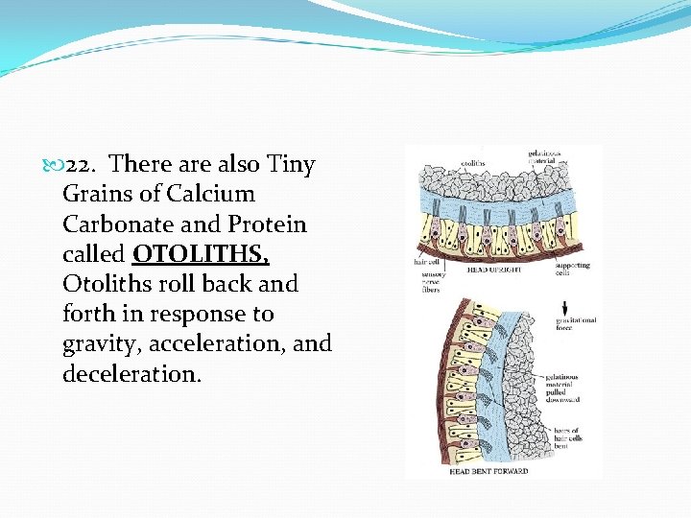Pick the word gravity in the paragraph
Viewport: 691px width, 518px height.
(99, 344)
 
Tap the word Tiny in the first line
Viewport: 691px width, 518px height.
(290, 165)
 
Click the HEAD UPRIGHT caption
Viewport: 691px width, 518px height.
(494, 271)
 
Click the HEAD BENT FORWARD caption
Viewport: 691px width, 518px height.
(488, 471)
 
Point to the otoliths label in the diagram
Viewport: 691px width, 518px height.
(473, 163)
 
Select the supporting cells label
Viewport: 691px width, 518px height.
(573, 270)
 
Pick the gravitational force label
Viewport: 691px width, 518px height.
(575, 324)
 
